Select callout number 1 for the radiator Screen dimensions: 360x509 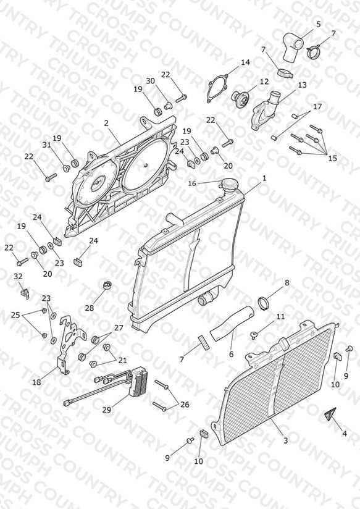point(264,179)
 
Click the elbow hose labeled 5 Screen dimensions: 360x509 point(293,46)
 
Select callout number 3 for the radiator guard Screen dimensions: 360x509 point(285,440)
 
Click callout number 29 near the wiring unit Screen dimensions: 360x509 point(107,410)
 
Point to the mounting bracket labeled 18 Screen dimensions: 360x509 point(71,345)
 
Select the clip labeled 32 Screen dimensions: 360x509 point(24,290)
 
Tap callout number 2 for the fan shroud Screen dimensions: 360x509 point(106,124)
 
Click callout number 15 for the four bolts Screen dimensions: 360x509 point(332,158)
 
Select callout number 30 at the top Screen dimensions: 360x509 point(150,81)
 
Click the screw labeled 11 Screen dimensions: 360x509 point(254,335)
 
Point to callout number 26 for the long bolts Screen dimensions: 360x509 point(185,405)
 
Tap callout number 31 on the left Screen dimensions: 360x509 point(47,145)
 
